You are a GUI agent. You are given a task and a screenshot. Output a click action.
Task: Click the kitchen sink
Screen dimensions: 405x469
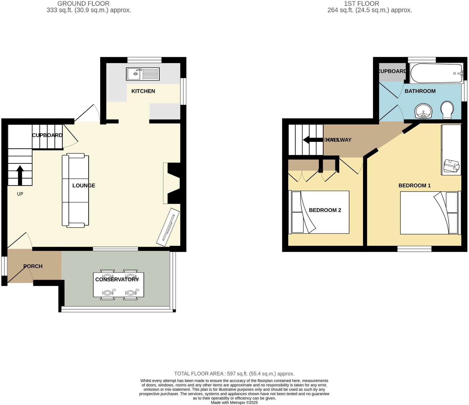click(x=143, y=74)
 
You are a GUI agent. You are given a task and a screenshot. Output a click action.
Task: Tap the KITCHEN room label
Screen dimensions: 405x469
click(x=143, y=91)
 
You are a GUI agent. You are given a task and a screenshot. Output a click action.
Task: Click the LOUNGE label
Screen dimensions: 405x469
click(x=84, y=186)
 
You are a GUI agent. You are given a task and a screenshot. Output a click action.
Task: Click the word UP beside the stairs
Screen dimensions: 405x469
click(x=20, y=194)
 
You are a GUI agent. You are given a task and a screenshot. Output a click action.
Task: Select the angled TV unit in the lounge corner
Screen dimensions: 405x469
click(x=168, y=227)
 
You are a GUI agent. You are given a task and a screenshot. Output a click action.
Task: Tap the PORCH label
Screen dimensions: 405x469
click(x=33, y=266)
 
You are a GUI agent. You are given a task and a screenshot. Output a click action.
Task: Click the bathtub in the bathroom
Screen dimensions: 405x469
click(x=436, y=73)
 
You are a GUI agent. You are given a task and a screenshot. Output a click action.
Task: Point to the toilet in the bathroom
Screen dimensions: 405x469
click(x=447, y=110)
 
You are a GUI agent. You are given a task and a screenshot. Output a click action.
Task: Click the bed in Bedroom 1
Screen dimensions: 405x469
click(x=429, y=213)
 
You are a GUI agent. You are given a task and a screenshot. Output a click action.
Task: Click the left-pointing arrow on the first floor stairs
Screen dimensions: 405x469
click(x=313, y=140)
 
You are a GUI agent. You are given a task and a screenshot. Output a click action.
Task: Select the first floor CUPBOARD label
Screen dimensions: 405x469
click(x=392, y=71)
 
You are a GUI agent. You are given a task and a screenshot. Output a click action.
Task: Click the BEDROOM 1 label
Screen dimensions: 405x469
click(x=414, y=186)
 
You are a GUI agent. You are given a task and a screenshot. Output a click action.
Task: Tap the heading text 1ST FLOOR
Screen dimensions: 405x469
click(x=361, y=4)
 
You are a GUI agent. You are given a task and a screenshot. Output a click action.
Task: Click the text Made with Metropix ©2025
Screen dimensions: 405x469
click(x=234, y=403)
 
